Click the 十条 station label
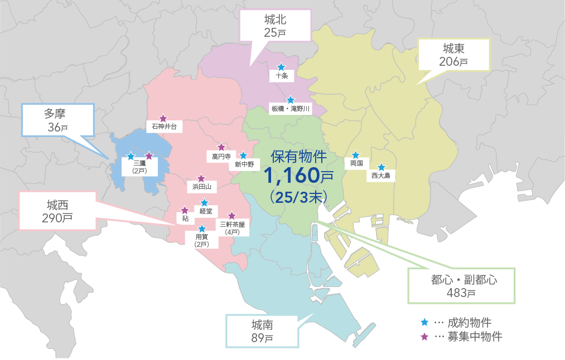pyautogui.click(x=281, y=76)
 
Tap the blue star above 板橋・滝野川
pyautogui.click(x=290, y=100)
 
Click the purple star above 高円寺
pyautogui.click(x=221, y=147)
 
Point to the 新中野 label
pyautogui.click(x=244, y=164)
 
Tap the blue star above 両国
pyautogui.click(x=355, y=155)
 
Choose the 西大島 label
pyautogui.click(x=381, y=176)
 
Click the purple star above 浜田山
pyautogui.click(x=201, y=178)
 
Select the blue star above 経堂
pyautogui.click(x=204, y=203)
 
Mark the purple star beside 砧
pyautogui.click(x=185, y=211)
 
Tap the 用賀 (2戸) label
pyautogui.click(x=201, y=240)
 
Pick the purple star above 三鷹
pyautogui.click(x=149, y=156)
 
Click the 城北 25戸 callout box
pyautogui.click(x=275, y=26)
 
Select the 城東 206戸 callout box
pyautogui.click(x=453, y=55)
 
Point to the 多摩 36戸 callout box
pyautogui.click(x=57, y=120)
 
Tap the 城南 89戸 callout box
pyautogui.click(x=262, y=330)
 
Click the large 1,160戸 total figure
pyautogui.click(x=298, y=176)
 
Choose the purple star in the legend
pyautogui.click(x=424, y=337)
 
